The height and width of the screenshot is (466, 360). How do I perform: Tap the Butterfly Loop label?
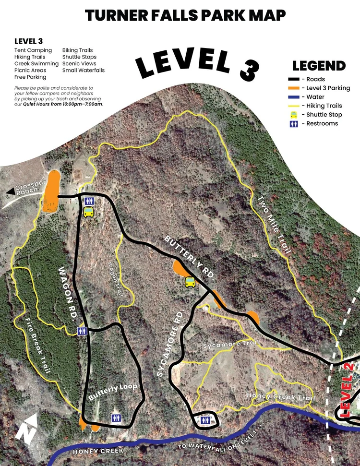(x=113, y=392)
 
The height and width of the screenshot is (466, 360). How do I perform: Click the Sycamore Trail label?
(x=231, y=344)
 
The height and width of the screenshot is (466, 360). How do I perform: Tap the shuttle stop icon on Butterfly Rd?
(x=190, y=282)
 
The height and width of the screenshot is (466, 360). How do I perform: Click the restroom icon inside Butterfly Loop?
(x=116, y=418)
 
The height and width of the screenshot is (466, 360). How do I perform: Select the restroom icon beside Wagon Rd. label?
(x=82, y=331)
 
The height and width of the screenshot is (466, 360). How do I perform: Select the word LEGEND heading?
(x=319, y=66)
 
